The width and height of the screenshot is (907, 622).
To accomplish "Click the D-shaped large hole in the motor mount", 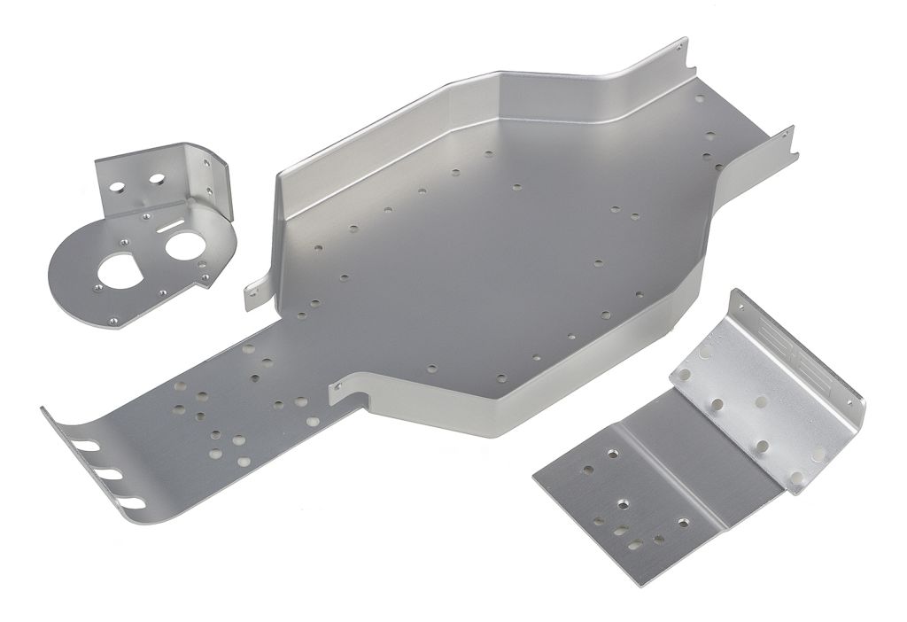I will [117, 268].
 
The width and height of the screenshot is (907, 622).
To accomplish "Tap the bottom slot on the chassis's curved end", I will [133, 503].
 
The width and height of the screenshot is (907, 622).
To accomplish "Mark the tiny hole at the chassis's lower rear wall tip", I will [786, 136].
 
